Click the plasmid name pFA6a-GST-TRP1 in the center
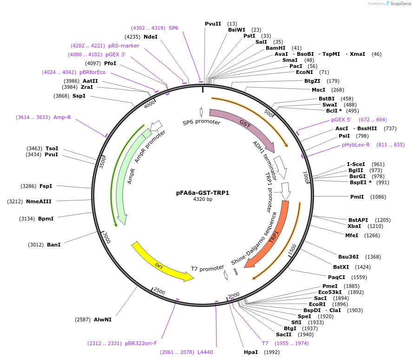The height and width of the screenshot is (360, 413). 203,193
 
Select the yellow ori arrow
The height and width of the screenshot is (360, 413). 160,264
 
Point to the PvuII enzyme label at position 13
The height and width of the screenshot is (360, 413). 213,24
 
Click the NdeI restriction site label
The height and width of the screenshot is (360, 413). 151,37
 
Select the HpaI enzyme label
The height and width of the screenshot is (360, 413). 251,352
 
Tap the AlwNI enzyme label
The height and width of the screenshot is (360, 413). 103,320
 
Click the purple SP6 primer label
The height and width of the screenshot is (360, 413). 173,28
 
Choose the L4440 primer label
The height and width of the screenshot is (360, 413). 205,352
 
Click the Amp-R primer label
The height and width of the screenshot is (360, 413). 62,117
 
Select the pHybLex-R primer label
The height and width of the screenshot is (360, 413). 356,145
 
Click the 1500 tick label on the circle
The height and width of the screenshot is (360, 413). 292,250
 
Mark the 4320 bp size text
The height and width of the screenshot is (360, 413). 203,200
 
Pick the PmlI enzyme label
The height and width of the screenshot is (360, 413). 357,197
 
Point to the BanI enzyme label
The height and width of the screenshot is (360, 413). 53,245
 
